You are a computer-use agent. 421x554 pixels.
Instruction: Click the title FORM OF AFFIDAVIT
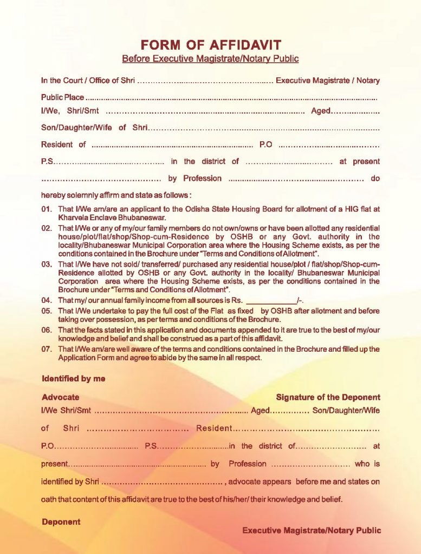(x=210, y=45)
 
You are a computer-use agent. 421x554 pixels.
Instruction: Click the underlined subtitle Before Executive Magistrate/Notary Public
(x=210, y=58)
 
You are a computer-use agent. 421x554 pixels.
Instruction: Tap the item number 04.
(x=46, y=300)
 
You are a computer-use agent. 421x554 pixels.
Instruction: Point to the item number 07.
(x=46, y=349)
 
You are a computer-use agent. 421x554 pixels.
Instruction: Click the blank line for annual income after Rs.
(x=271, y=300)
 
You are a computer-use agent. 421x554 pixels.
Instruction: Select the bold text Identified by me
(x=73, y=379)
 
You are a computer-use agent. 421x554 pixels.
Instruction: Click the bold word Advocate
(x=60, y=397)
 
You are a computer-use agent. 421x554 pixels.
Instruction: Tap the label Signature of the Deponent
(x=328, y=397)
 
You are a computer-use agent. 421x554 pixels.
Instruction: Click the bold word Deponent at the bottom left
(x=61, y=522)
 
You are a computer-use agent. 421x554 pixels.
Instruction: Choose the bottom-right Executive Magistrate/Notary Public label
(x=312, y=531)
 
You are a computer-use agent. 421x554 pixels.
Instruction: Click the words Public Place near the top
(x=62, y=97)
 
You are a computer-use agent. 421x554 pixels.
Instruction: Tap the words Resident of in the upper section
(x=63, y=144)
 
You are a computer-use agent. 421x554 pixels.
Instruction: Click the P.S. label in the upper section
(x=47, y=161)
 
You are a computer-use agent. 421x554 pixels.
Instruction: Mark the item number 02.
(x=46, y=228)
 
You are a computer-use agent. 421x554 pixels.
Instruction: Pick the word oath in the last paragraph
(x=49, y=499)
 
